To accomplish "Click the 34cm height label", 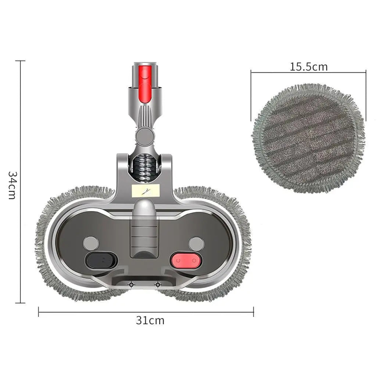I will click(x=12, y=185).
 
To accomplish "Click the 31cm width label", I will click(x=150, y=321).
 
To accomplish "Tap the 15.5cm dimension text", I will click(x=308, y=67).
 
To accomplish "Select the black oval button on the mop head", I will click(x=101, y=260).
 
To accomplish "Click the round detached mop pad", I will click(x=308, y=138).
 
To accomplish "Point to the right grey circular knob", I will click(x=196, y=244).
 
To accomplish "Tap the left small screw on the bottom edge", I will click(x=130, y=285).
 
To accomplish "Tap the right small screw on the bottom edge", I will click(x=158, y=285).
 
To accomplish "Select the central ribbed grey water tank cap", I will click(x=144, y=228).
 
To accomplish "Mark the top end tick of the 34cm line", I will click(x=20, y=61).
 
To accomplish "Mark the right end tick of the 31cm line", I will click(x=253, y=312).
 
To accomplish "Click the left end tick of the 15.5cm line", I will click(x=251, y=73).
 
